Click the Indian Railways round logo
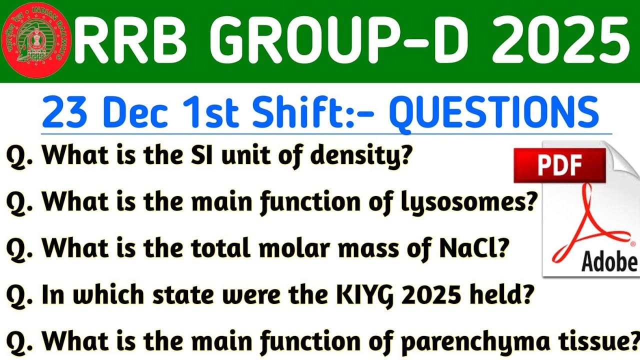tap(37, 40)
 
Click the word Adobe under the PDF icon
tap(609, 261)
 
